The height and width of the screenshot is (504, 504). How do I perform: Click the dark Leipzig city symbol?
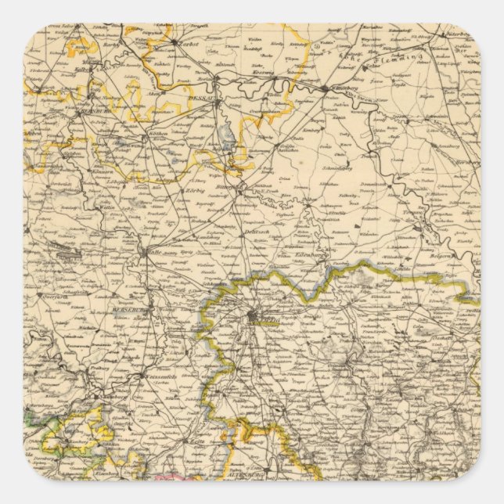pyautogui.click(x=252, y=316)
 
